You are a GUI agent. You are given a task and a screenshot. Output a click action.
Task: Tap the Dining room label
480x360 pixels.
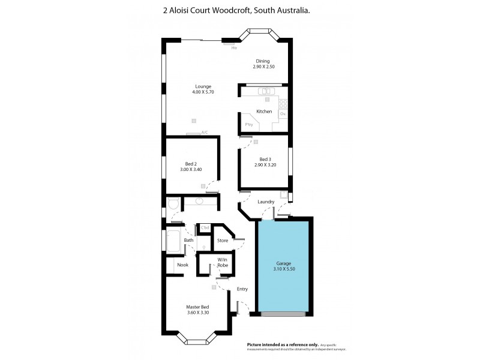263,61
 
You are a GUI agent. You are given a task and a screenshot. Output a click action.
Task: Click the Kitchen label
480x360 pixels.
264,112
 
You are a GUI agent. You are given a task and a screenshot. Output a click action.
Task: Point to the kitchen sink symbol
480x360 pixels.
266,91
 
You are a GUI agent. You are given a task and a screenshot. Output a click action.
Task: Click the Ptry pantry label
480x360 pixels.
249,124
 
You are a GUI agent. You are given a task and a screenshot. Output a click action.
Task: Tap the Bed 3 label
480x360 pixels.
265,159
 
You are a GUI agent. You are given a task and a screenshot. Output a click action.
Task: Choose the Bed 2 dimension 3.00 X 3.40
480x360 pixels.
191,170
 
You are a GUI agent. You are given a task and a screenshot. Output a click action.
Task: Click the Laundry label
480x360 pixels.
266,202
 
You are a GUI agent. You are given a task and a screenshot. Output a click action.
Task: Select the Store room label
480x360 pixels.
223,241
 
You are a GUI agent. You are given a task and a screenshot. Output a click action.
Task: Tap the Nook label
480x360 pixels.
182,265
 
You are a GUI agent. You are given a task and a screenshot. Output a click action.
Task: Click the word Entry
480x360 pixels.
242,289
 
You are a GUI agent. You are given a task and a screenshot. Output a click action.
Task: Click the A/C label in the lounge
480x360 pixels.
205,132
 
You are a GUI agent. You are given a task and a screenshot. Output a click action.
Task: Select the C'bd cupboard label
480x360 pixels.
205,227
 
